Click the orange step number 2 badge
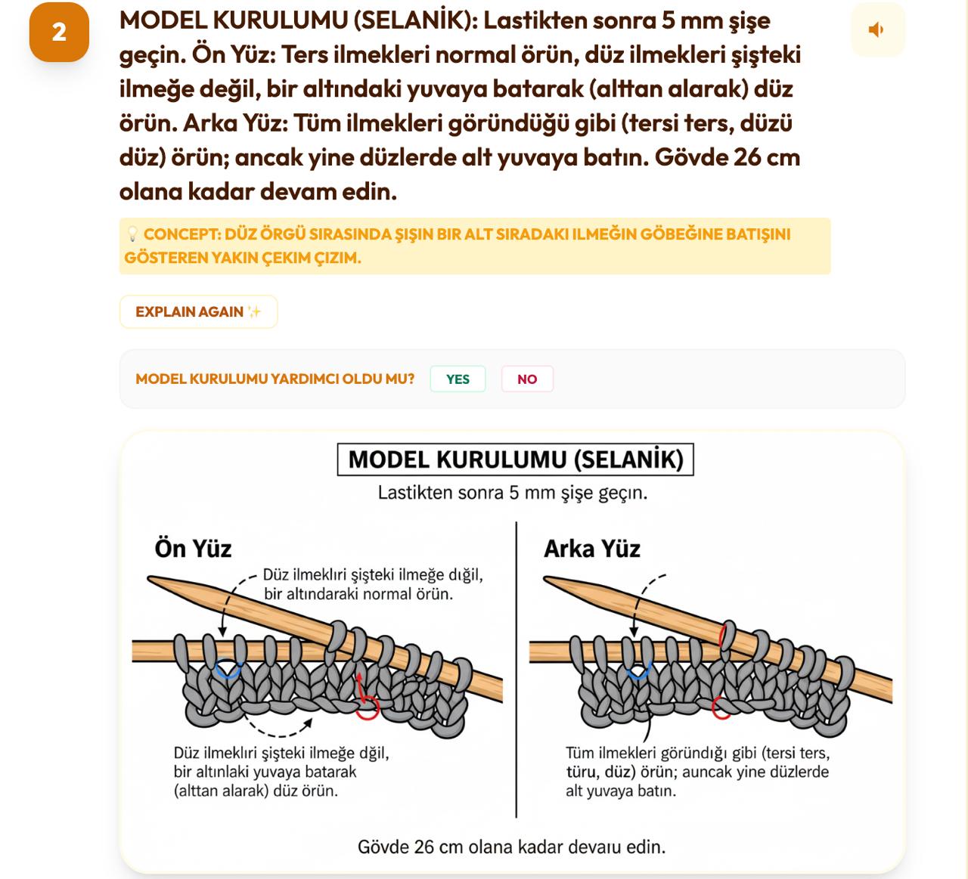click(x=59, y=32)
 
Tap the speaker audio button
click(x=877, y=30)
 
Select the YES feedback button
click(x=458, y=379)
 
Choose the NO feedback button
click(x=527, y=379)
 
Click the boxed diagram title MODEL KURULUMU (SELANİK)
click(x=515, y=460)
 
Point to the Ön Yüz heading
click(x=193, y=548)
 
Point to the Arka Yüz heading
click(x=592, y=548)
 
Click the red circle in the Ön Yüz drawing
click(x=368, y=708)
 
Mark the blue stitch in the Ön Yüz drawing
click(x=228, y=670)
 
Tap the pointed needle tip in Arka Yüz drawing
click(x=550, y=580)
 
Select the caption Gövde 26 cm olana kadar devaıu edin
click(x=512, y=847)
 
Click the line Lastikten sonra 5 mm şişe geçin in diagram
click(x=512, y=493)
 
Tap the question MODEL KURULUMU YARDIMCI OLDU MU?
click(x=275, y=379)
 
